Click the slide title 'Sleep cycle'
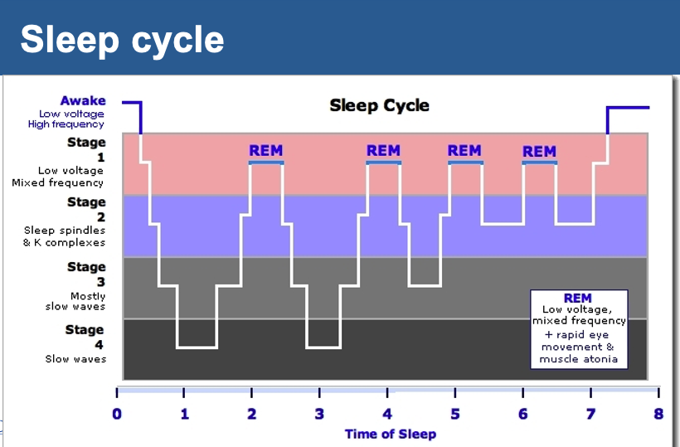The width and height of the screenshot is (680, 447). (x=122, y=39)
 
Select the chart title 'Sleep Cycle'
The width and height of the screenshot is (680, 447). (x=380, y=105)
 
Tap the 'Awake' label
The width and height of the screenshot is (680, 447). (x=82, y=101)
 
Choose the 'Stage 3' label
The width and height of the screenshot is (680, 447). (x=86, y=273)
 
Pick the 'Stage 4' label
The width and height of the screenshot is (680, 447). (x=86, y=336)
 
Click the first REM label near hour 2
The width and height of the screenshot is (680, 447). (x=266, y=151)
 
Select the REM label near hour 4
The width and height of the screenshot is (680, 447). (x=383, y=151)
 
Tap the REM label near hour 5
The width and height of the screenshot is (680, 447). (x=464, y=151)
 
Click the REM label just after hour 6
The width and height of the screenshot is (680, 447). (x=539, y=152)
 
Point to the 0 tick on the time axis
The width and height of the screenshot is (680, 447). (x=117, y=414)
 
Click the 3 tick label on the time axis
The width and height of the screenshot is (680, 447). (x=319, y=414)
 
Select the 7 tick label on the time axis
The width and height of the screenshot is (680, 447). (x=590, y=414)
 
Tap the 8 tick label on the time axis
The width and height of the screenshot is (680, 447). (x=658, y=414)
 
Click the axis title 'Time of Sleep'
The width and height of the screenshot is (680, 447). (x=390, y=434)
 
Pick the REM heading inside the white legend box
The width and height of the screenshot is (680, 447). (x=578, y=298)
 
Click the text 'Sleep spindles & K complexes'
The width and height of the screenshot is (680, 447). (x=65, y=236)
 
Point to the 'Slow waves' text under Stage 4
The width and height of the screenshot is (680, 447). (x=75, y=359)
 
